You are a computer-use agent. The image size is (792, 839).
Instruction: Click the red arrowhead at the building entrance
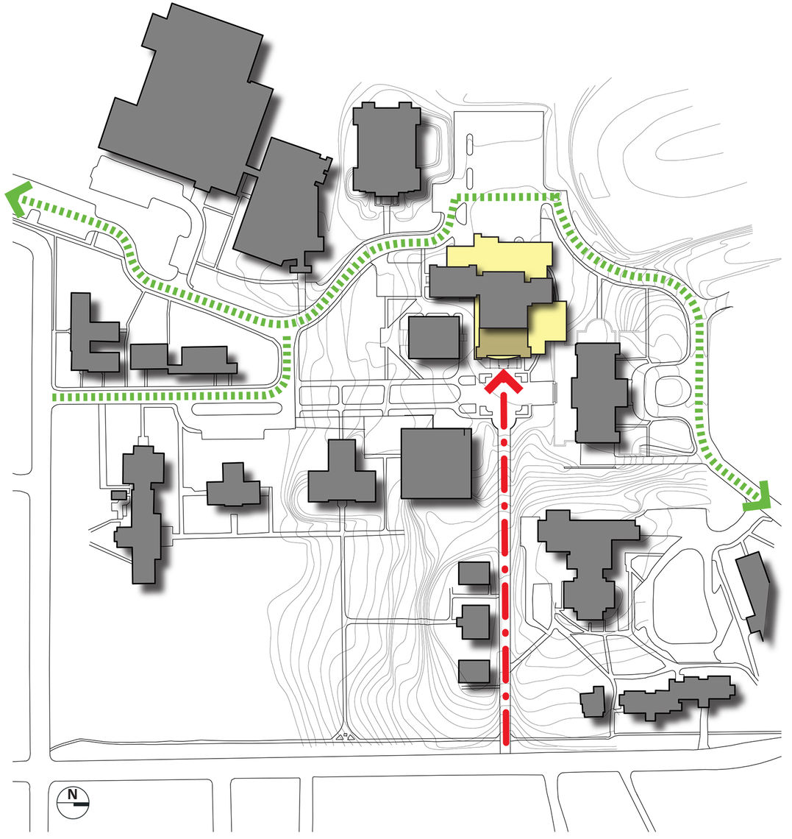point(503,381)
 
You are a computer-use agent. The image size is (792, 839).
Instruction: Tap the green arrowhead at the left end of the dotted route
point(16,198)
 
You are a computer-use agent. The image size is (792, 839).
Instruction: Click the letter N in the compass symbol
point(72,794)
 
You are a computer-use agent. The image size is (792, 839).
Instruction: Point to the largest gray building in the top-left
point(188,99)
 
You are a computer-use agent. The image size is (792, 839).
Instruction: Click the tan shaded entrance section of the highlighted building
point(502,342)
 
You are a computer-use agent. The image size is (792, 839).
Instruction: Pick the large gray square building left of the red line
point(436,464)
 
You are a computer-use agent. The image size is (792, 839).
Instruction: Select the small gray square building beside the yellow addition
point(434,338)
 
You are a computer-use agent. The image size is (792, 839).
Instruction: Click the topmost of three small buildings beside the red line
point(474,573)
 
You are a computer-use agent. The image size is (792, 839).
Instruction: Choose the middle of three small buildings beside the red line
point(474,622)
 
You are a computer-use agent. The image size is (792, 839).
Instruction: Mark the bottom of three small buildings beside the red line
point(474,671)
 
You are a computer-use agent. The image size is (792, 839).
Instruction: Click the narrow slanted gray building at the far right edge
point(754,593)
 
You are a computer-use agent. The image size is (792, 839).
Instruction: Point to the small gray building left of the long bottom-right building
point(593,701)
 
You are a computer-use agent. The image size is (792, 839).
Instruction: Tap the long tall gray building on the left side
point(140,515)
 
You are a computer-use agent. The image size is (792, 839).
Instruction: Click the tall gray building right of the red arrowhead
point(599,392)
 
